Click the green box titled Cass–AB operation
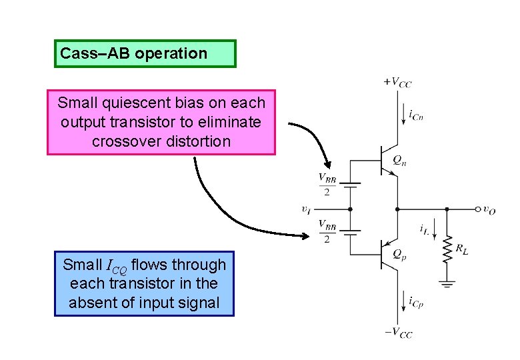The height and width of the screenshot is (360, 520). (145, 53)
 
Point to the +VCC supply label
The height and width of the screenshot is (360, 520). (397, 82)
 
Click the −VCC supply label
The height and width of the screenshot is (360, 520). (398, 333)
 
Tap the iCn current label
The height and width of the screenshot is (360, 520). (416, 116)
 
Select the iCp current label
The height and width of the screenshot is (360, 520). (416, 303)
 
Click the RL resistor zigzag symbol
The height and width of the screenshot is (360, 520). (447, 247)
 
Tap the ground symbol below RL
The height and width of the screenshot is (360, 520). (447, 283)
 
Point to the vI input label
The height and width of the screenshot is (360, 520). (305, 209)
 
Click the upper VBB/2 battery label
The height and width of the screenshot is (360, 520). (327, 185)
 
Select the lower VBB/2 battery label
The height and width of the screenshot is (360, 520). (327, 231)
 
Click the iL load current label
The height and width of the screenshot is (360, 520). (425, 229)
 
